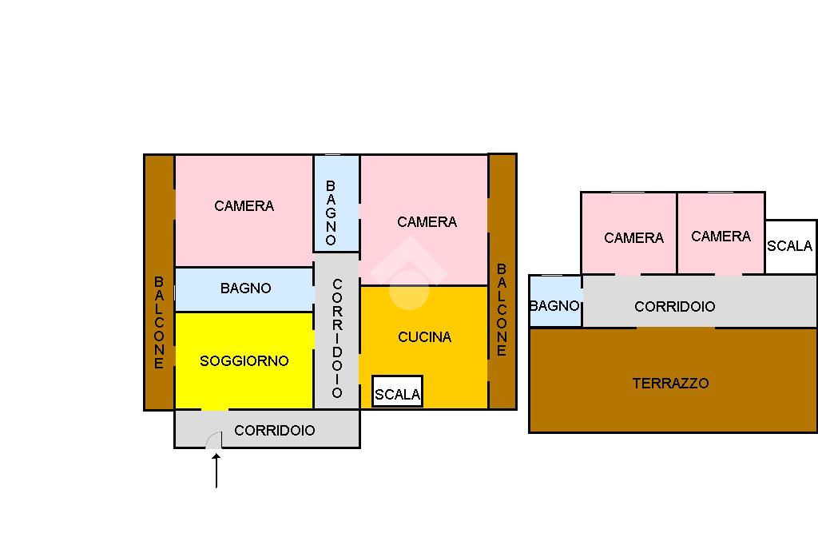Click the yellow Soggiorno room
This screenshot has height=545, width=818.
(x=244, y=360)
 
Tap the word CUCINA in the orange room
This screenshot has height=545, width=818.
(x=424, y=337)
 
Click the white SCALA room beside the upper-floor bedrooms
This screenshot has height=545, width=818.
(x=790, y=246)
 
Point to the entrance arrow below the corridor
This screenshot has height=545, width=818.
(x=216, y=471)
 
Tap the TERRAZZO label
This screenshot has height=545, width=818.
(x=670, y=384)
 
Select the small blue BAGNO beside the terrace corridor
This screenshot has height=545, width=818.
(x=554, y=305)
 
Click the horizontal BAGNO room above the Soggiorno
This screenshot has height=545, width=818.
(x=244, y=288)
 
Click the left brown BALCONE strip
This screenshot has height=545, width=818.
(x=159, y=320)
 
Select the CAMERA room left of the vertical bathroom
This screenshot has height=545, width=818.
(x=244, y=206)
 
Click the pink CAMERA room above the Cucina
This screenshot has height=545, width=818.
(x=426, y=221)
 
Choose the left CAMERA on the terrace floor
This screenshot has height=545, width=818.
(x=633, y=237)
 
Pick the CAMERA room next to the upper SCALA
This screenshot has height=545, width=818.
(x=721, y=236)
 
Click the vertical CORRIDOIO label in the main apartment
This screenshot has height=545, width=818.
(x=336, y=338)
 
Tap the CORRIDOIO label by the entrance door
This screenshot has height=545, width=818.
(x=275, y=431)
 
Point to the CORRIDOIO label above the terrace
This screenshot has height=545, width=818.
(x=674, y=307)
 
